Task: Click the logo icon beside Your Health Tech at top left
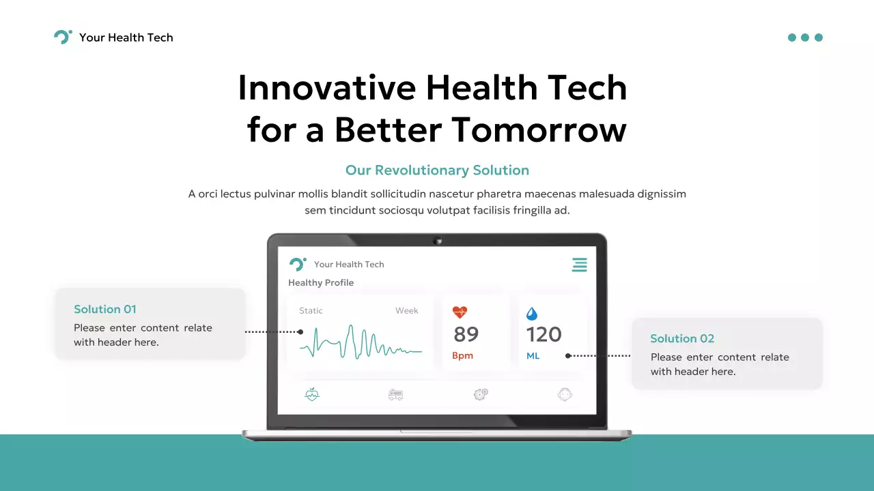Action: [x=62, y=38]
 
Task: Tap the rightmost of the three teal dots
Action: [x=819, y=38]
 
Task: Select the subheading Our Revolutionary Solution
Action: [x=437, y=170]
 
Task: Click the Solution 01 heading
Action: [x=105, y=309]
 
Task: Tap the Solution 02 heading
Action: [x=682, y=338]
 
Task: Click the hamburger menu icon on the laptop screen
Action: [x=579, y=265]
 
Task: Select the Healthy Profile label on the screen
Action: [x=321, y=283]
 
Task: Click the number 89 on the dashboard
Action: [x=466, y=334]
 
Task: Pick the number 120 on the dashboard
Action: [x=544, y=334]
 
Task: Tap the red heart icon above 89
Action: [x=460, y=312]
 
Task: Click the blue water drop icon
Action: [x=532, y=314]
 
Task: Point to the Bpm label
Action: [x=462, y=355]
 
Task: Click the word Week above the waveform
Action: [x=406, y=310]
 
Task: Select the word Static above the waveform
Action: [x=311, y=310]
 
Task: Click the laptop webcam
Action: [x=437, y=240]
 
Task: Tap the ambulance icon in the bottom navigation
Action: [x=395, y=394]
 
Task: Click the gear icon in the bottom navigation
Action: [x=481, y=394]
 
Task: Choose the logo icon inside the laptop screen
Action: [x=297, y=265]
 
